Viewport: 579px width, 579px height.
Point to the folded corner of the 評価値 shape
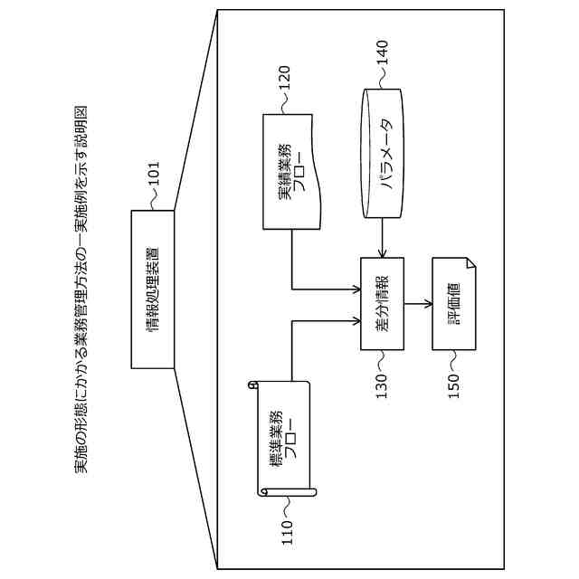(471, 263)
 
